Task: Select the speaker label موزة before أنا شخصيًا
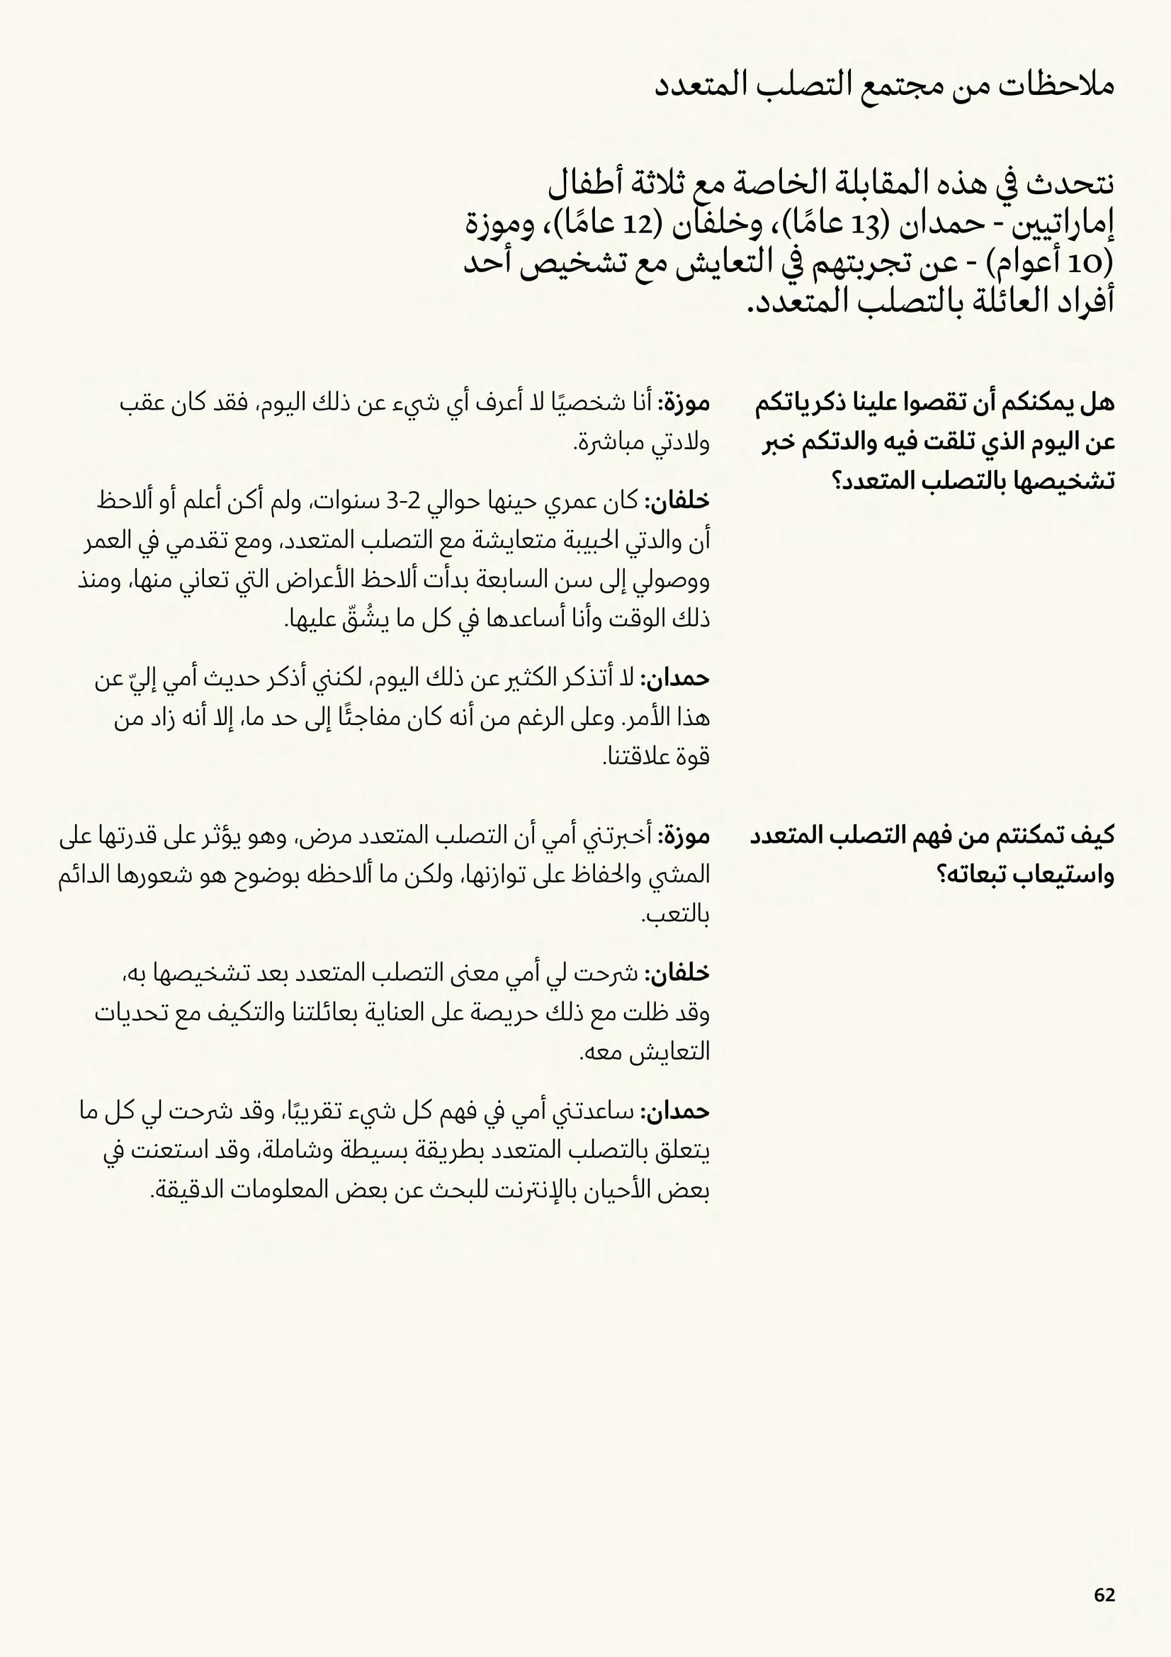pos(686,403)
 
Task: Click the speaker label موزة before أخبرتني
pos(686,836)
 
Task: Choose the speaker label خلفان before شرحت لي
pos(678,974)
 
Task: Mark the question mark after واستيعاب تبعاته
pos(942,876)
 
